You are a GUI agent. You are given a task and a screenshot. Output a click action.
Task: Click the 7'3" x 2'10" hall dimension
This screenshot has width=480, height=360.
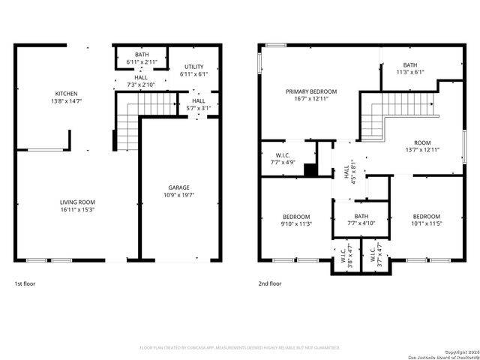click(141, 85)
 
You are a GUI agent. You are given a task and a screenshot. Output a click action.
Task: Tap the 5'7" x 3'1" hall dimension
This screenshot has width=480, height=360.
click(198, 108)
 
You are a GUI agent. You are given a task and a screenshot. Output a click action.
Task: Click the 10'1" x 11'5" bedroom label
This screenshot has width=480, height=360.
click(426, 223)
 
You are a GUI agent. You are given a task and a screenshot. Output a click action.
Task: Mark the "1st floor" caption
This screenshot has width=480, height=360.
click(25, 284)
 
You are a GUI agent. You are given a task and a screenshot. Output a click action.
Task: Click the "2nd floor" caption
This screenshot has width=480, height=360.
click(269, 284)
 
